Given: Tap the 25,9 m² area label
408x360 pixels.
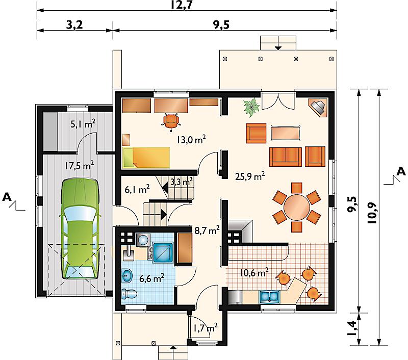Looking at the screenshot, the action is (x=250, y=176).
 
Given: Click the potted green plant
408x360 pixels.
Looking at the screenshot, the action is (x=251, y=107).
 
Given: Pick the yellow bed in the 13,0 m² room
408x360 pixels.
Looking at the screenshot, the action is (x=146, y=158).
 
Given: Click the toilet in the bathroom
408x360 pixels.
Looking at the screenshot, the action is (x=129, y=294).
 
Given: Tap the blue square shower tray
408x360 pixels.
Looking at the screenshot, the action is (x=163, y=252).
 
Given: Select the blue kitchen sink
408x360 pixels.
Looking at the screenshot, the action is (x=269, y=297).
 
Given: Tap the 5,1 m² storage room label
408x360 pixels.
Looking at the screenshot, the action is (x=83, y=123).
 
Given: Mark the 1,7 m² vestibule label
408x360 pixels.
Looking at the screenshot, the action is (x=206, y=327).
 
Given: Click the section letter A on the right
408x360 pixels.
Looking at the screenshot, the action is (x=401, y=171).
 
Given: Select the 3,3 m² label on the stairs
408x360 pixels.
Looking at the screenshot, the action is (x=182, y=182).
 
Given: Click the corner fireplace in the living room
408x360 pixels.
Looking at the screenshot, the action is (x=318, y=107).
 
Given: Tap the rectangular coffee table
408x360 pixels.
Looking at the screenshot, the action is (x=286, y=133).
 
